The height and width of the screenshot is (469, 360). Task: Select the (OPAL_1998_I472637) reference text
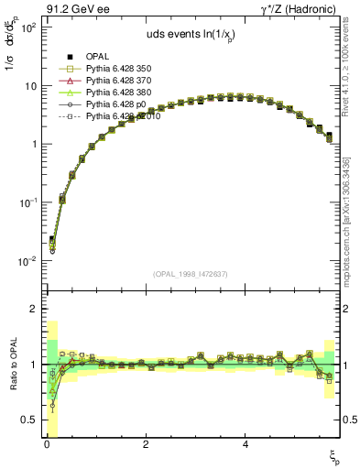click(x=191, y=273)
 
